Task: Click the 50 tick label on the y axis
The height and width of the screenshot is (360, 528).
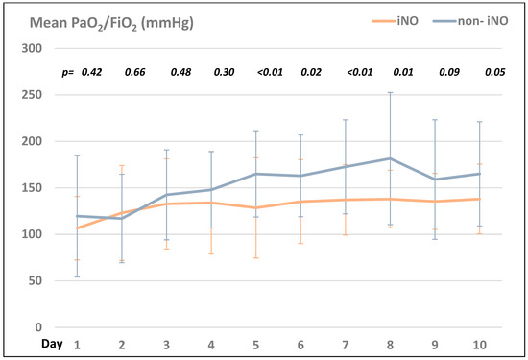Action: (x=36, y=281)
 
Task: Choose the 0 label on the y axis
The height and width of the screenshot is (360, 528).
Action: (x=39, y=327)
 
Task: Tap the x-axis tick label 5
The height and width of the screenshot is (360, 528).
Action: (x=256, y=343)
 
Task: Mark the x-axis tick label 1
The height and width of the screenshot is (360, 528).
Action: (x=78, y=343)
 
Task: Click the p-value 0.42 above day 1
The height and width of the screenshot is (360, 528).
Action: (x=91, y=72)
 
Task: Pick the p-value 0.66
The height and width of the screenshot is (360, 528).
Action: (x=135, y=72)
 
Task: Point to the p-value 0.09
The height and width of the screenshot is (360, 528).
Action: (x=448, y=72)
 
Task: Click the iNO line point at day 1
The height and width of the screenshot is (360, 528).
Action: (x=78, y=228)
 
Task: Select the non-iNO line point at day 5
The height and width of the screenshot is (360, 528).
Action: (x=256, y=174)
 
